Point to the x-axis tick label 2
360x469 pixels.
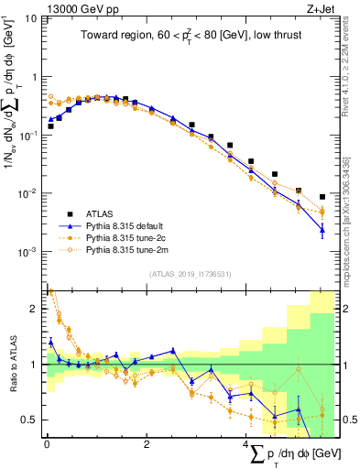pos(147,444)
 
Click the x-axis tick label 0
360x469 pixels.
pos(47,444)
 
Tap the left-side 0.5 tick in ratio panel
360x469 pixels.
pos(33,420)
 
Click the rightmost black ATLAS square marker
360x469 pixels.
pos(322,196)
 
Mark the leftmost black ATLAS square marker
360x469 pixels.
pos(50,125)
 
